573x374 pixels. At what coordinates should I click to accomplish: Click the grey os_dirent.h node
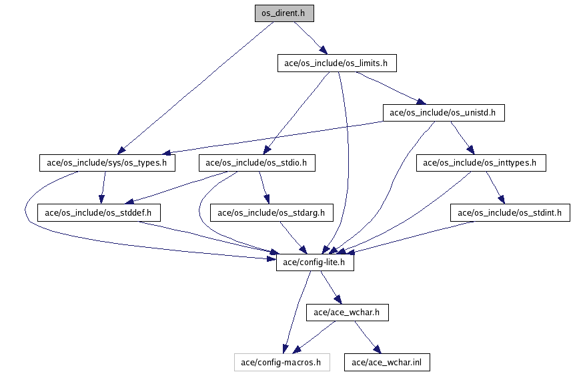(x=283, y=13)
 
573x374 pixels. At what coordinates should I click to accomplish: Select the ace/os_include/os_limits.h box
(x=337, y=63)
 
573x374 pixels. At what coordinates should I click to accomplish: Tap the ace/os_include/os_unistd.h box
(x=443, y=112)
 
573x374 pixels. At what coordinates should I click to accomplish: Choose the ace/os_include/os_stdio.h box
(x=257, y=162)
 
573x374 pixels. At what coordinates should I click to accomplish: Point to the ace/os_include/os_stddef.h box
(x=98, y=213)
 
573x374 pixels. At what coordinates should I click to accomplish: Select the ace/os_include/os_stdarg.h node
(x=271, y=213)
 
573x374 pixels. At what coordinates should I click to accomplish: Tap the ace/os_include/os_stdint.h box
(x=510, y=213)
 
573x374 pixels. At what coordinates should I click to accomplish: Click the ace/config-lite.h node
(x=314, y=262)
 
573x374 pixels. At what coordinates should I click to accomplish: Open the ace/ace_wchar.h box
(x=347, y=312)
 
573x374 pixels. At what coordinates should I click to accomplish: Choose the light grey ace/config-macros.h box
(x=281, y=363)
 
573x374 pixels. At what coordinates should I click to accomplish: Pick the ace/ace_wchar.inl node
(x=387, y=363)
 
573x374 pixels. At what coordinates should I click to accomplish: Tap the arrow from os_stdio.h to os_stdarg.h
(x=263, y=188)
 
